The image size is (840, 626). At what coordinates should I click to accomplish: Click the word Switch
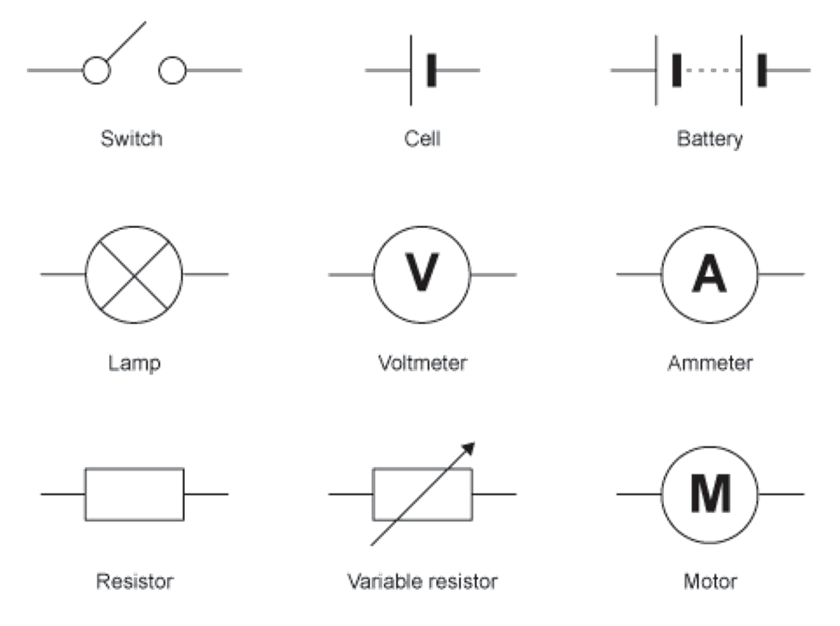131,139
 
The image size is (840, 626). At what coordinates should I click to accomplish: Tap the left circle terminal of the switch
96,70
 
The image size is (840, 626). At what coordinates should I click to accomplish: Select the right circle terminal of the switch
173,70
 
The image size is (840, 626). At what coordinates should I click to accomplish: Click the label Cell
422,139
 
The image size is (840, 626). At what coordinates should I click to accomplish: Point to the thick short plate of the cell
432,70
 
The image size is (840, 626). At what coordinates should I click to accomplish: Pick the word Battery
709,139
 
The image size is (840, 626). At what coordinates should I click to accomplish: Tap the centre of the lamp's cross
135,275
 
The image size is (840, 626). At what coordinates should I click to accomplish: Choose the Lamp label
135,363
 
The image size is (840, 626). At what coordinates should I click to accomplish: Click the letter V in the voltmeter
422,274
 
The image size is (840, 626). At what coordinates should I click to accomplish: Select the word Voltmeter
422,363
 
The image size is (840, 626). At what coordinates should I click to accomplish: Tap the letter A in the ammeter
709,275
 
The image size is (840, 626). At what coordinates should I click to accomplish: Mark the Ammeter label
710,363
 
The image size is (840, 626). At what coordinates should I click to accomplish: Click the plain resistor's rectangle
135,494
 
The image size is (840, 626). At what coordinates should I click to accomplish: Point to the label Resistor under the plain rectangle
135,582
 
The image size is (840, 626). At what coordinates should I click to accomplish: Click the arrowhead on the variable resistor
469,448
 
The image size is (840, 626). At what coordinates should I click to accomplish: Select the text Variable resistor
422,582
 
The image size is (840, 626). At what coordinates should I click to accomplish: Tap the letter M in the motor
710,494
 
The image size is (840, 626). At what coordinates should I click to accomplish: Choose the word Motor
710,582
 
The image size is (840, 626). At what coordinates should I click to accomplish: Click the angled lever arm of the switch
126,41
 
